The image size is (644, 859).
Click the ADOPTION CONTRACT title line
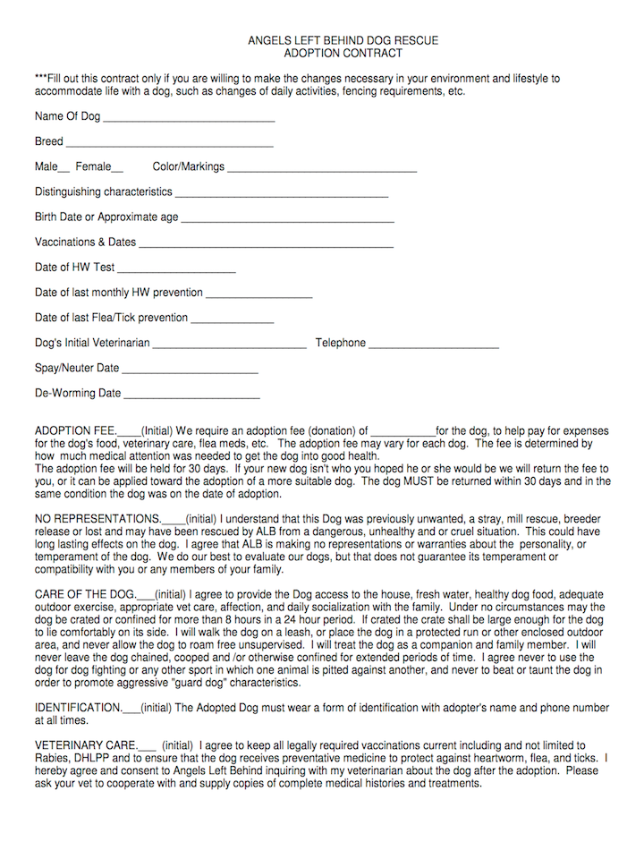343,55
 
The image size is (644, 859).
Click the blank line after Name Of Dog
189,119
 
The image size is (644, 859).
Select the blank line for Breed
169,144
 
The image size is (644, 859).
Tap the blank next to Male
64,169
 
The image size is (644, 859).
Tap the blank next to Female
118,169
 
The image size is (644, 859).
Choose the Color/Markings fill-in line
322,169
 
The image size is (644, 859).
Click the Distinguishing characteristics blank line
281,194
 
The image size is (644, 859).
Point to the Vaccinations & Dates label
85,242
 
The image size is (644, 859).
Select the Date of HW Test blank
176,269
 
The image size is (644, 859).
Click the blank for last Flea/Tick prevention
233,319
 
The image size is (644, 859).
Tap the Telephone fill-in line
434,345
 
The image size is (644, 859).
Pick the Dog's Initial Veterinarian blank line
230,345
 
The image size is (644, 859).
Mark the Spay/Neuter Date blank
190,370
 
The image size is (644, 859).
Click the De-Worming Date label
77,393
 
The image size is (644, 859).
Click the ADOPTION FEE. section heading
75,430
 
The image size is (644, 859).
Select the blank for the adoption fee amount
403,432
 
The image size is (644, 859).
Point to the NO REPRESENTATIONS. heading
97,518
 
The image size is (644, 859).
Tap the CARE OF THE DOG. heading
85,594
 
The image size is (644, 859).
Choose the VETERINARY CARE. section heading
86,744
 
